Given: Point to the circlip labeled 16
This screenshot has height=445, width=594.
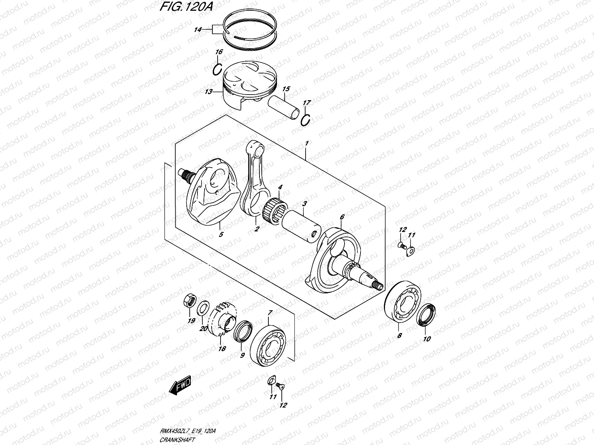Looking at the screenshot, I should [218, 69].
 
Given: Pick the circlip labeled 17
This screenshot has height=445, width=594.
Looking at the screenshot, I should [306, 120].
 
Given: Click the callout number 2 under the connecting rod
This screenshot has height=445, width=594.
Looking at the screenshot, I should [256, 229].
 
